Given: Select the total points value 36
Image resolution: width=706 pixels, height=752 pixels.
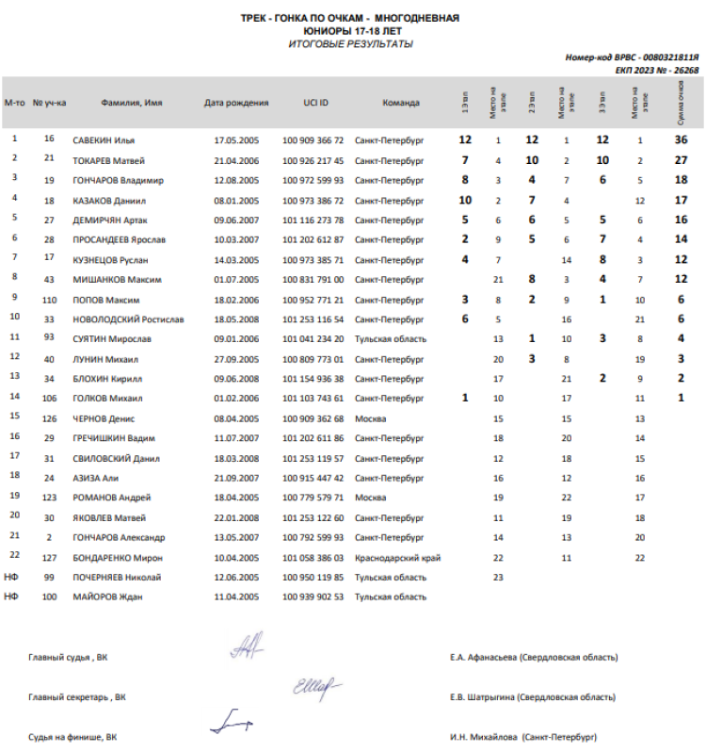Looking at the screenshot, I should click(681, 139).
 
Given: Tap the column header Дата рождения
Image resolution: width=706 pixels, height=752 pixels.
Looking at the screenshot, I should click(236, 103).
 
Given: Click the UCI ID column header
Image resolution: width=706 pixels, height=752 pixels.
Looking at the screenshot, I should click(315, 103).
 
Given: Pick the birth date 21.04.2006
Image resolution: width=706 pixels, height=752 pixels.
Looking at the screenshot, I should click(236, 160).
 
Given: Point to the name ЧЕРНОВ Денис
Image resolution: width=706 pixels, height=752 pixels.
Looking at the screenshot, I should click(102, 418).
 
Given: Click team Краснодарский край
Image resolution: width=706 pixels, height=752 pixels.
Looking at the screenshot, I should click(398, 557).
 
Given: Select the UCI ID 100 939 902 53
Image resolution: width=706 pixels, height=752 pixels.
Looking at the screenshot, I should click(313, 597).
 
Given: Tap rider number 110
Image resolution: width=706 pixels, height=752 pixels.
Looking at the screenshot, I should click(49, 299).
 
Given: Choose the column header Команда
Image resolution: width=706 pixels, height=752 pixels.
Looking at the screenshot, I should click(401, 103).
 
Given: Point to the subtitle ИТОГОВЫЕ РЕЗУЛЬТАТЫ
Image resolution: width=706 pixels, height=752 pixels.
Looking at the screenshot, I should click(350, 44).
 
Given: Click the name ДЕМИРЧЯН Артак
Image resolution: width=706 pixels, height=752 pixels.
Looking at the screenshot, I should click(107, 220).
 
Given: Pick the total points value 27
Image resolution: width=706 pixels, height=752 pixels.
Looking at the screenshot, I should click(681, 160).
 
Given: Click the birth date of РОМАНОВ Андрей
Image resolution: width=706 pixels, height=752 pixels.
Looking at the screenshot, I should click(236, 497).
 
